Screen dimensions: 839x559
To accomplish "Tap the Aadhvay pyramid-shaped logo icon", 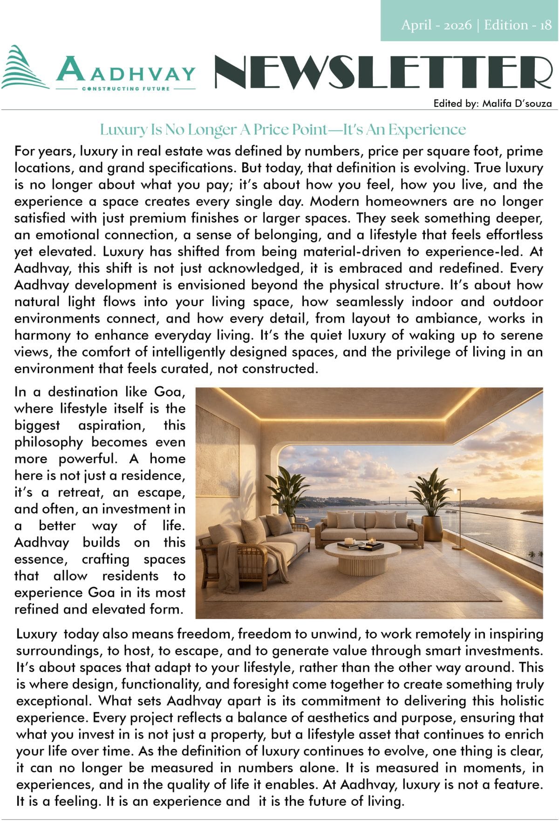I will tap(24, 68).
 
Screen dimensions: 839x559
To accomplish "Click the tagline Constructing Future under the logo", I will tap(126, 89).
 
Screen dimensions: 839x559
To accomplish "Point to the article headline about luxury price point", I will tap(283, 130).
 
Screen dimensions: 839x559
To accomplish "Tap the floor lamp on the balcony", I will tap(458, 517).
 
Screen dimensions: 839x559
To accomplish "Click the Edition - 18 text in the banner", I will tap(518, 25).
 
